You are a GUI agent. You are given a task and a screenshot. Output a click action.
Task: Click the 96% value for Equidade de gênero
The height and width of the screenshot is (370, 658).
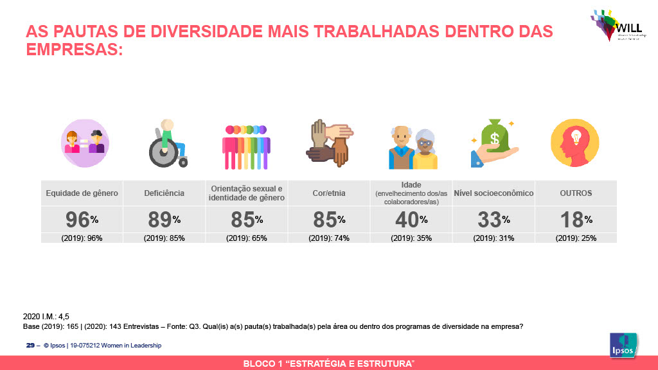[82, 220]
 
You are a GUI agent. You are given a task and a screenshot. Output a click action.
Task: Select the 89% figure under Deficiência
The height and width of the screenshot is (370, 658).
[164, 220]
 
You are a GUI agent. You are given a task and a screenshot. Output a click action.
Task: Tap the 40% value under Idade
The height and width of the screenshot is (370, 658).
[411, 220]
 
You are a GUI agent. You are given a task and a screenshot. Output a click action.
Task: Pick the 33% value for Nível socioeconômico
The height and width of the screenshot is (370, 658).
[493, 220]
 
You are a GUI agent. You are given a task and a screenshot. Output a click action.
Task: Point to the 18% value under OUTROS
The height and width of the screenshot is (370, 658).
[575, 220]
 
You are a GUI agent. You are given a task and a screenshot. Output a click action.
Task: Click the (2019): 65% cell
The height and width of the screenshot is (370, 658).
[246, 238]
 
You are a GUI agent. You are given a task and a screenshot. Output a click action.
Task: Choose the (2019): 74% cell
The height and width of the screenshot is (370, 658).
[329, 238]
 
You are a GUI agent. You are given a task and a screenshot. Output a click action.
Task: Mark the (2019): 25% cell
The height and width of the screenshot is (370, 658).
[576, 238]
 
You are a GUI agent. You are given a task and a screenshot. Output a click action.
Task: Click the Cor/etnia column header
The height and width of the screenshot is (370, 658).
[329, 193]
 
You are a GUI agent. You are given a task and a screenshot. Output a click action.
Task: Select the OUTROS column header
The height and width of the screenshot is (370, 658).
[576, 193]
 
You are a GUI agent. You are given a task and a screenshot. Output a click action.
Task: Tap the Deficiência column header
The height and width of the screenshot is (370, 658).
[164, 193]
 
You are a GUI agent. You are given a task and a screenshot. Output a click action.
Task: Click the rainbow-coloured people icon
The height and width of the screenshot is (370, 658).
[246, 146]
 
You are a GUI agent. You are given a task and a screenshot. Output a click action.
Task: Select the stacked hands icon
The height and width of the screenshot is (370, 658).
[328, 143]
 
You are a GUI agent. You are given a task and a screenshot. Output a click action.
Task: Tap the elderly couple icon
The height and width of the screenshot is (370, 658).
[413, 147]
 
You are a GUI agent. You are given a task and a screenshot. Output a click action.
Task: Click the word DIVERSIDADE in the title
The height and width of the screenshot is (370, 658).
[198, 31]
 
